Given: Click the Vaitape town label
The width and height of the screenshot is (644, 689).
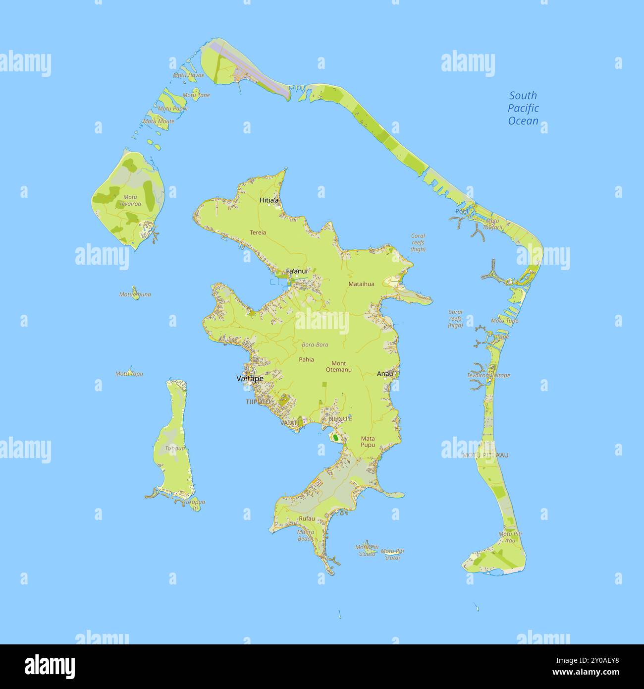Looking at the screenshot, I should pyautogui.click(x=250, y=379).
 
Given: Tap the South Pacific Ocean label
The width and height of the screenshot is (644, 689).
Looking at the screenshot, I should pyautogui.click(x=523, y=109).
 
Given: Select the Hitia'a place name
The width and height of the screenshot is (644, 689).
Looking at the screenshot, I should pyautogui.click(x=269, y=200).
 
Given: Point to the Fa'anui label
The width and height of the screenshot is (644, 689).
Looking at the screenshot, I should pyautogui.click(x=297, y=271).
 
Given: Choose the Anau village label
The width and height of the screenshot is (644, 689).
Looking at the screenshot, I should pyautogui.click(x=384, y=374).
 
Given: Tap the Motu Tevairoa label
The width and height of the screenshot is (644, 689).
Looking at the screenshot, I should pyautogui.click(x=130, y=200).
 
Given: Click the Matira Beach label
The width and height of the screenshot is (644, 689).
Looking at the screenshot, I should pyautogui.click(x=305, y=535).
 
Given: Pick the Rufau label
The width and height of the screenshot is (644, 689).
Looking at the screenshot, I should pyautogui.click(x=307, y=518).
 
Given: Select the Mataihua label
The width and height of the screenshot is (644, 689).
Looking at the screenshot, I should pyautogui.click(x=361, y=284).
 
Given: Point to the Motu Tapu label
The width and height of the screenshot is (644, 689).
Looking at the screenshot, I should pyautogui.click(x=129, y=374).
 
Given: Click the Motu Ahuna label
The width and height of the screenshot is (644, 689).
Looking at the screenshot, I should pyautogui.click(x=135, y=294).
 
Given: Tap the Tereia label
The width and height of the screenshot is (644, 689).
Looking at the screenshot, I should pyautogui.click(x=258, y=232).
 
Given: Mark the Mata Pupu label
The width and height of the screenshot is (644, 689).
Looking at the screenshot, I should pyautogui.click(x=368, y=442).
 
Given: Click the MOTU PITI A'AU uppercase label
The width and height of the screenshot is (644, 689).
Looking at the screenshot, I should pyautogui.click(x=485, y=455).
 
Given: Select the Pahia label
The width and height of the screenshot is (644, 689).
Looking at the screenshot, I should pyautogui.click(x=306, y=360).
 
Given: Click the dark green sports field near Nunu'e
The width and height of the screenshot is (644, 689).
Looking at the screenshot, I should pyautogui.click(x=335, y=438).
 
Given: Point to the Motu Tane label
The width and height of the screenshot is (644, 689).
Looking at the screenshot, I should pyautogui.click(x=196, y=95).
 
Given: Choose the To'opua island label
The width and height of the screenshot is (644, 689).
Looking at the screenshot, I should pyautogui.click(x=175, y=449).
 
